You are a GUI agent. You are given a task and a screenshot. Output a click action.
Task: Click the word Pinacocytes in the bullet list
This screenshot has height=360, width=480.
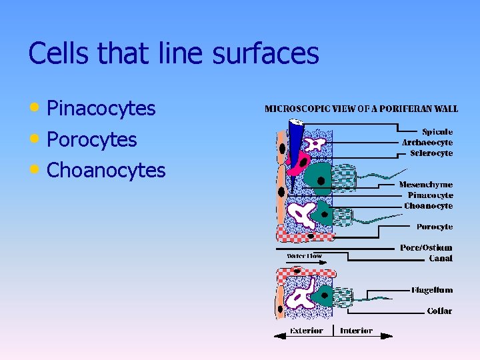(101, 108)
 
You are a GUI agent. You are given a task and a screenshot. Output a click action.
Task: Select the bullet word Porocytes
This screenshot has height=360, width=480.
(92, 139)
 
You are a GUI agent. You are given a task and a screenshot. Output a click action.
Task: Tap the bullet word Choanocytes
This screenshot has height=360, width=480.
(106, 171)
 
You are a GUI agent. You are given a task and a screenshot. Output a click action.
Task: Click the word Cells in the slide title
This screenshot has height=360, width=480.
(55, 53)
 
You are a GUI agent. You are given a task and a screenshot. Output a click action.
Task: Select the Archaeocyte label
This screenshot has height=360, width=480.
(427, 142)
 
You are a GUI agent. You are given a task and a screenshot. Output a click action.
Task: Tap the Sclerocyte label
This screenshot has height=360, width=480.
(431, 153)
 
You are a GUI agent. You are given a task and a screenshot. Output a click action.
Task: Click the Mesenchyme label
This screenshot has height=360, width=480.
(425, 185)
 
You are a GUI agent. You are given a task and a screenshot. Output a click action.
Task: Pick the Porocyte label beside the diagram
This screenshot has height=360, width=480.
(434, 227)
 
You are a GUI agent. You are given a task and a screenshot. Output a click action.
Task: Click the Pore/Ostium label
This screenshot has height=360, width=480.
(426, 247)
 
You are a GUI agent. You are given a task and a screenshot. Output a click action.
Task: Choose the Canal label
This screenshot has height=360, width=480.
(440, 258)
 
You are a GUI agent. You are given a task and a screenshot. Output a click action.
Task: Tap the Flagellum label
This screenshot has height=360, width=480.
(431, 290)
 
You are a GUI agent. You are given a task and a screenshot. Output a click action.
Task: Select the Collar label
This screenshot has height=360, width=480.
(439, 311)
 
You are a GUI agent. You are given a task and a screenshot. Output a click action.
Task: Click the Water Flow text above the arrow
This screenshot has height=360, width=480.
(304, 256)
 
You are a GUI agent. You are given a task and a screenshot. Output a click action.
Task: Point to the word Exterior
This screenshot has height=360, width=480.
(306, 331)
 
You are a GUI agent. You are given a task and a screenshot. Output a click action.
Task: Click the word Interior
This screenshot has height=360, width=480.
(356, 331)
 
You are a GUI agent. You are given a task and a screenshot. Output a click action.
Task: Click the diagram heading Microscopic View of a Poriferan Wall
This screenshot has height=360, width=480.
(361, 109)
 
